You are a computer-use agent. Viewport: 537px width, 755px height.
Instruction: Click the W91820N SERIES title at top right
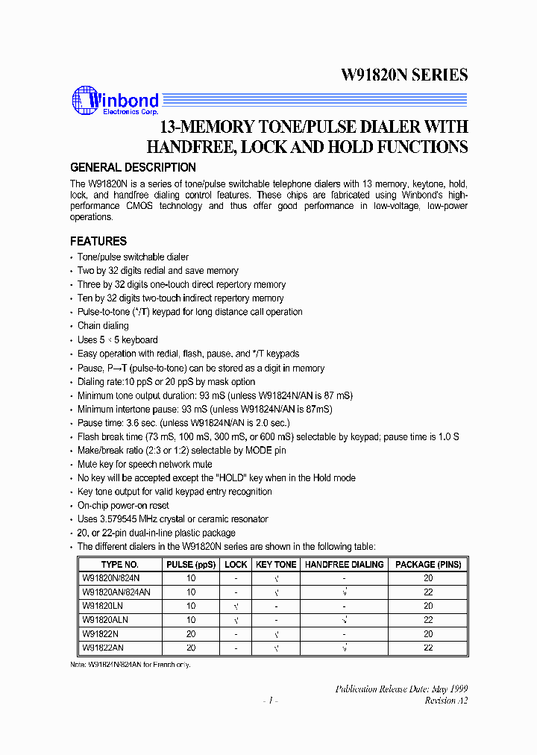[404, 75]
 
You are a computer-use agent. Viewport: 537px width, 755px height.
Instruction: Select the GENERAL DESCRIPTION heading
[133, 168]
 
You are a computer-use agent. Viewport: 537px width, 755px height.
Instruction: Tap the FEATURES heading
[98, 242]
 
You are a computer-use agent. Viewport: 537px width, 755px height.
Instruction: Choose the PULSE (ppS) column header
[191, 565]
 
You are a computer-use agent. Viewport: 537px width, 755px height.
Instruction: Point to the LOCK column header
[236, 565]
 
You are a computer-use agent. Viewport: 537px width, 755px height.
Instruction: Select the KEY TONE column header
[276, 565]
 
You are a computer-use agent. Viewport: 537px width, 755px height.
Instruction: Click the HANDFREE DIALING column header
[344, 565]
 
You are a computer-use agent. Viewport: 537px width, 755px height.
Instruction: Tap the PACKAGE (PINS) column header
[428, 565]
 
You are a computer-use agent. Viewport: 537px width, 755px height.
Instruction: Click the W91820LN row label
[102, 607]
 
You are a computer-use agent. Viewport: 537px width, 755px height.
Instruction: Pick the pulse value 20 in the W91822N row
[191, 634]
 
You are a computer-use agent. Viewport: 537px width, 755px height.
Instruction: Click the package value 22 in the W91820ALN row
[428, 620]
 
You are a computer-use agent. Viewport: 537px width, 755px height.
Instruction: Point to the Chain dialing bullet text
[103, 326]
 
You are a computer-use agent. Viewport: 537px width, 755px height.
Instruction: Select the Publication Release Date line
[401, 689]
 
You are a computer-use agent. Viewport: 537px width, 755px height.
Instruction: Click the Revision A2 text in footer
[446, 701]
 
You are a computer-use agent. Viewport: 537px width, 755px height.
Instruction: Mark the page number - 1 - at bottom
[271, 701]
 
